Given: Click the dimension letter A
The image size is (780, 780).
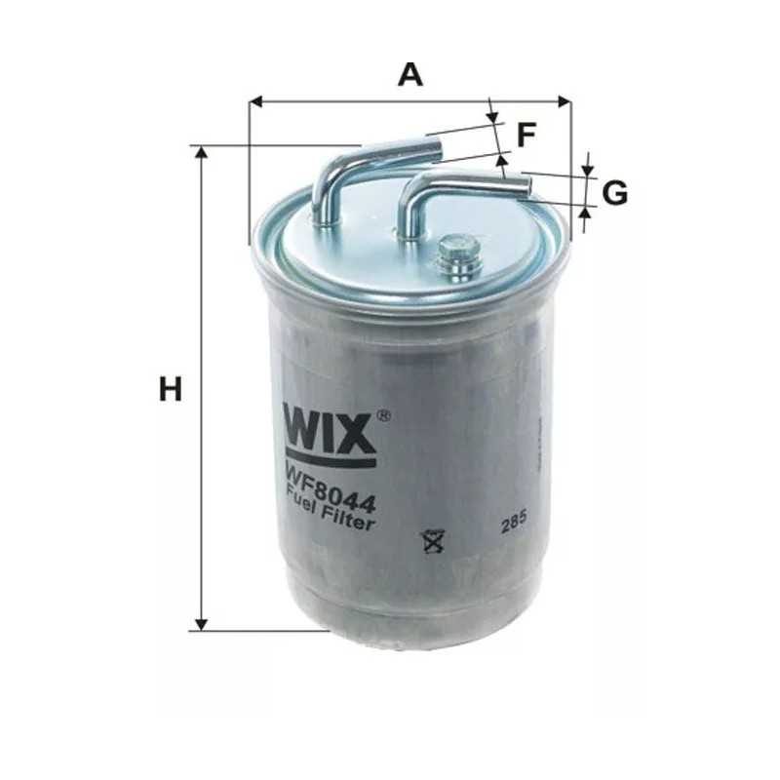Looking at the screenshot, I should pyautogui.click(x=410, y=74).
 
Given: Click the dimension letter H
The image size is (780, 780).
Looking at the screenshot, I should pyautogui.click(x=171, y=390).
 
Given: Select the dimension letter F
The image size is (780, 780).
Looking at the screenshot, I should pyautogui.click(x=526, y=135).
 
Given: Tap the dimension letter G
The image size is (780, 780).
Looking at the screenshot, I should pyautogui.click(x=614, y=194).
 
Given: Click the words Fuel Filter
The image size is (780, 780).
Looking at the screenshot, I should pyautogui.click(x=331, y=507).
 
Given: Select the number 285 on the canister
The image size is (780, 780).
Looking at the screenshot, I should pyautogui.click(x=513, y=524).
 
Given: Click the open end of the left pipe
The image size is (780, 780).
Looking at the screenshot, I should pyautogui.click(x=437, y=149).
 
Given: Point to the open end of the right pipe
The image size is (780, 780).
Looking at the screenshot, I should pyautogui.click(x=526, y=184).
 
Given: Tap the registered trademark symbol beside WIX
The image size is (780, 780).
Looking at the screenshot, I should pyautogui.click(x=383, y=416).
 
